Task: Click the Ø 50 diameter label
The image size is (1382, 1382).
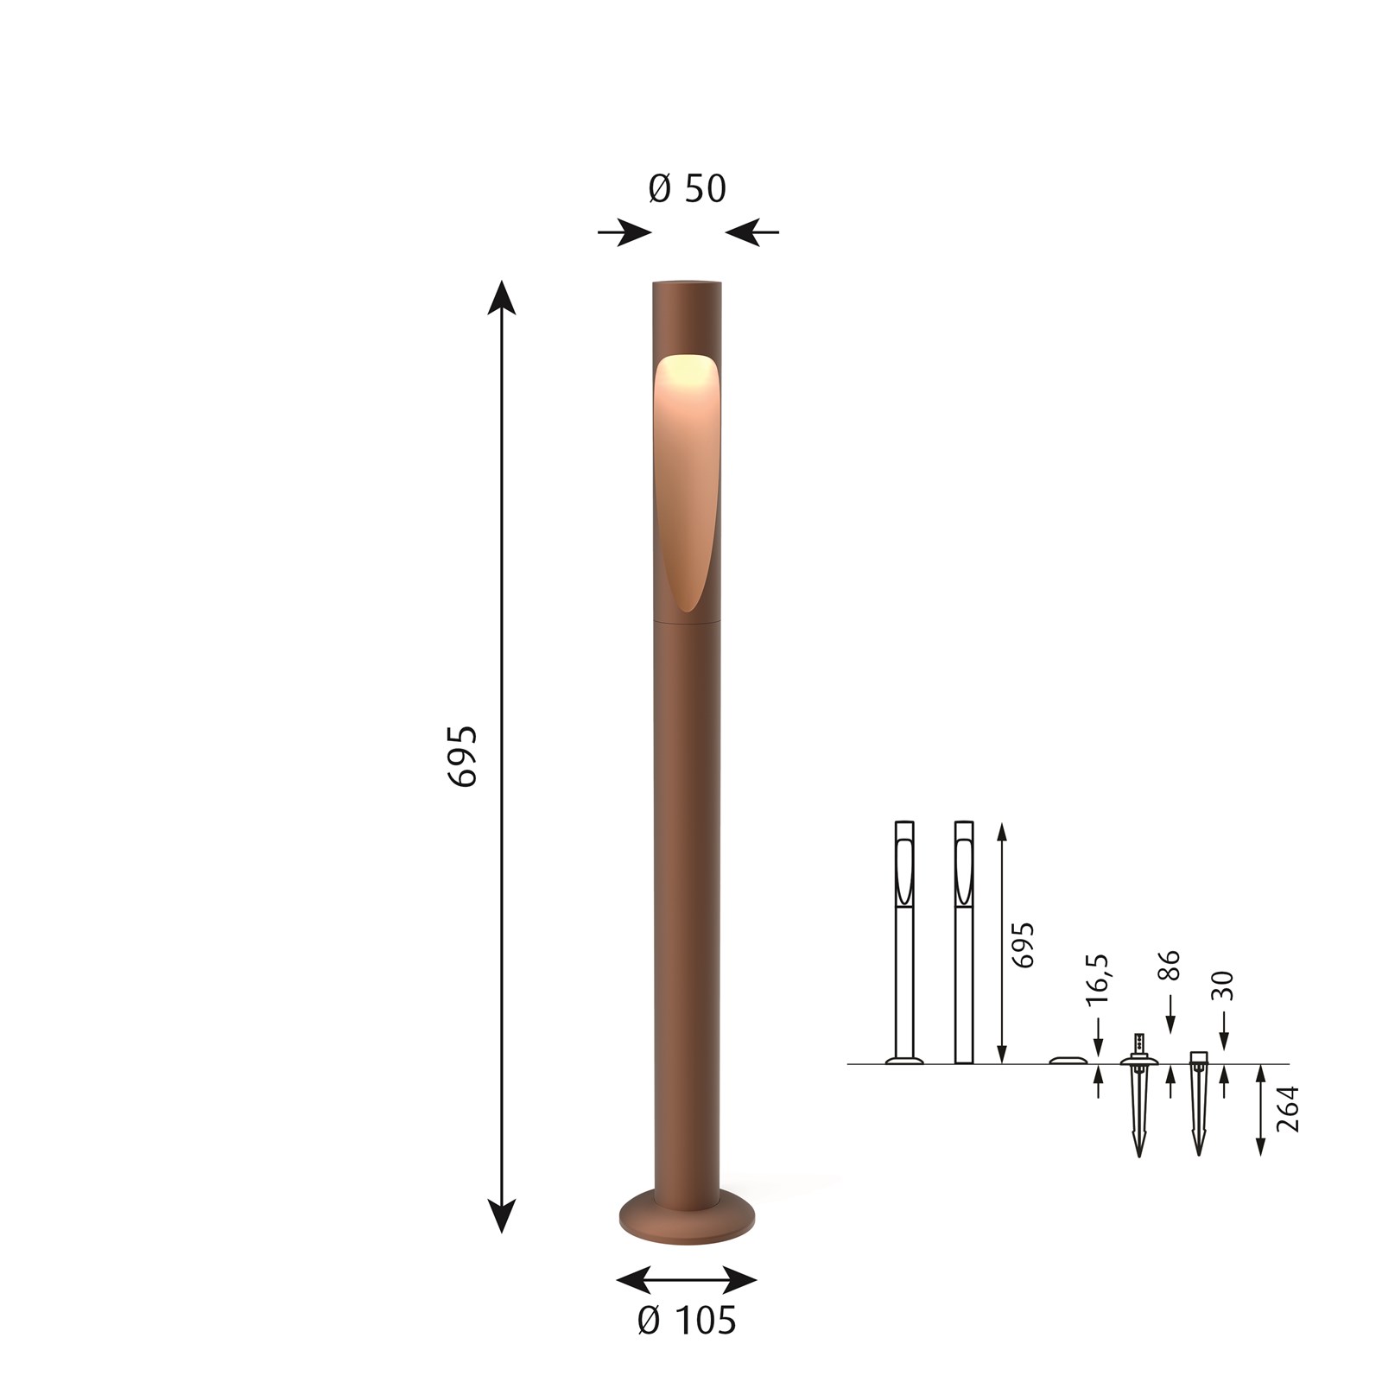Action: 688,189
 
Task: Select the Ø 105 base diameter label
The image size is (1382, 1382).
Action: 687,1321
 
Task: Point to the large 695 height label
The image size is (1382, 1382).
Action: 463,755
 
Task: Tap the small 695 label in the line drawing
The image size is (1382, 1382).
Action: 1022,945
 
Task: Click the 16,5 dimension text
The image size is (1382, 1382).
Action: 1097,979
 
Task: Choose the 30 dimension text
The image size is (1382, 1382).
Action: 1223,986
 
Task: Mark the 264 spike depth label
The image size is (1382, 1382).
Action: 1287,1108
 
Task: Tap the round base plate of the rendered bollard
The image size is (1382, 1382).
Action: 687,1218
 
